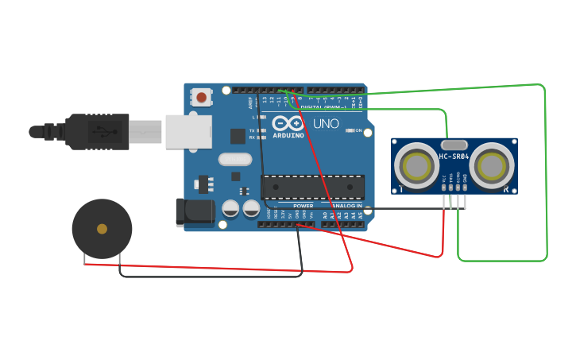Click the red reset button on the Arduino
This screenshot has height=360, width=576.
[201, 98]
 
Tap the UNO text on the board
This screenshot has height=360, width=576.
[326, 124]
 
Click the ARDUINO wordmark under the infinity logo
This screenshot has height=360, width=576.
[288, 135]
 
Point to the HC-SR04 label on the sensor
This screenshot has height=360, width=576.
[454, 157]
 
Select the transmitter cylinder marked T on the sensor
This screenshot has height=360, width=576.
[416, 165]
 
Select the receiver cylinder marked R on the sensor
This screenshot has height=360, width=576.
[491, 165]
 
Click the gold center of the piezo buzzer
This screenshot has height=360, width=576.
[102, 229]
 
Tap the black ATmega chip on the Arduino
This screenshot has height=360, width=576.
[313, 187]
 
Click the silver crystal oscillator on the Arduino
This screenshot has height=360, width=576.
[235, 159]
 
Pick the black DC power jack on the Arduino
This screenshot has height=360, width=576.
[195, 211]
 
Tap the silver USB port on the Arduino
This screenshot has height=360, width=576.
[189, 132]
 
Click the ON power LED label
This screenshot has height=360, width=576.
[358, 130]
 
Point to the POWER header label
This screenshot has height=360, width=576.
[303, 206]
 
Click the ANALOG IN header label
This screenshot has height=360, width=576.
[347, 206]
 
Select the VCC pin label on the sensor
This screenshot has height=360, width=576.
[444, 181]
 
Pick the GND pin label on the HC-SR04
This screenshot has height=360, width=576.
[465, 181]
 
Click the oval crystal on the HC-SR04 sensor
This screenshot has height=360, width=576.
[454, 145]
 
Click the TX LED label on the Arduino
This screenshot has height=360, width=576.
[252, 130]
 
